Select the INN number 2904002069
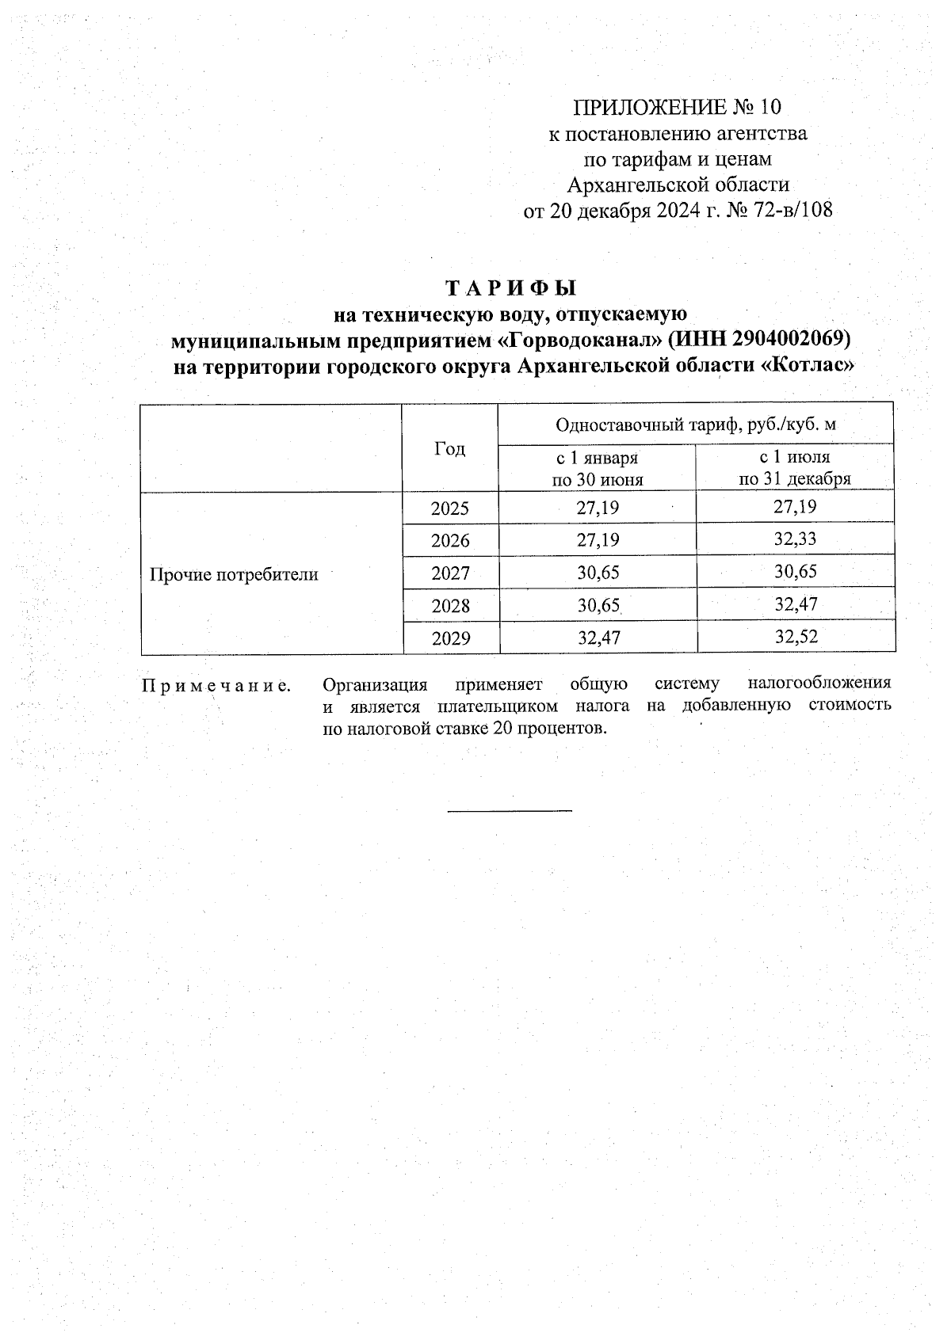pos(789,340)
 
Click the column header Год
pos(449,449)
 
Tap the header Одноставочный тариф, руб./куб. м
pos(696,425)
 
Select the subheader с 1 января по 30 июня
pos(597,468)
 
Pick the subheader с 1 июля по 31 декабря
pos(795,467)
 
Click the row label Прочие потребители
pos(235,574)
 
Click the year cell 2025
pos(450,508)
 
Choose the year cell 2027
pos(450,573)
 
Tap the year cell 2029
pos(450,638)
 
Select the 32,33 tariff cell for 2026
pos(795,540)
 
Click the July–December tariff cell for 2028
pos(795,605)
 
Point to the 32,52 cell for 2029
pos(795,638)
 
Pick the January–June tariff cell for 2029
pos(598,638)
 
